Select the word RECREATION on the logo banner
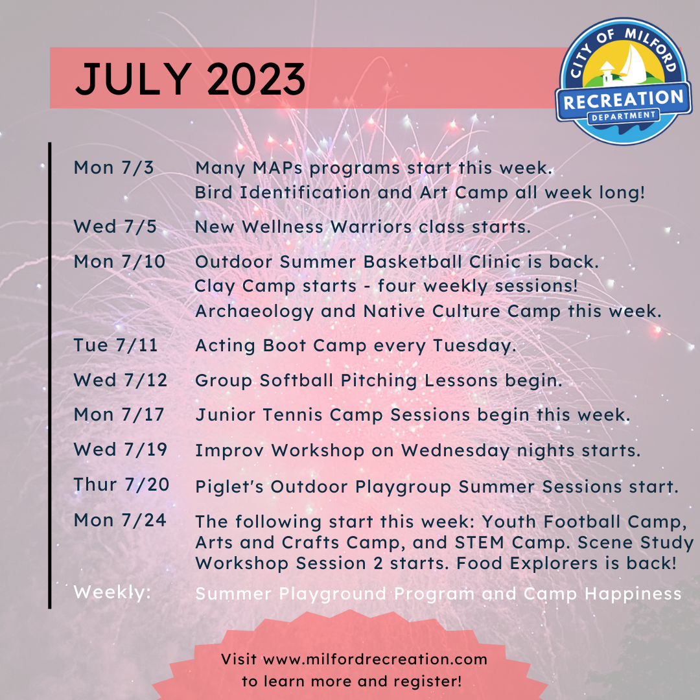(x=623, y=100)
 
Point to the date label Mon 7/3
(x=113, y=168)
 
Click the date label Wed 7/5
(x=115, y=227)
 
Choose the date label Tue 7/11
(x=115, y=345)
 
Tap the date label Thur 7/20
(x=121, y=485)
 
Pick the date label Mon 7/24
(x=120, y=520)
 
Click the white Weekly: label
(x=112, y=592)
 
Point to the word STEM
(x=561, y=542)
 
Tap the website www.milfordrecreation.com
(x=375, y=660)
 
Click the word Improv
(x=230, y=450)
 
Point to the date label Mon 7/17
(x=119, y=415)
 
